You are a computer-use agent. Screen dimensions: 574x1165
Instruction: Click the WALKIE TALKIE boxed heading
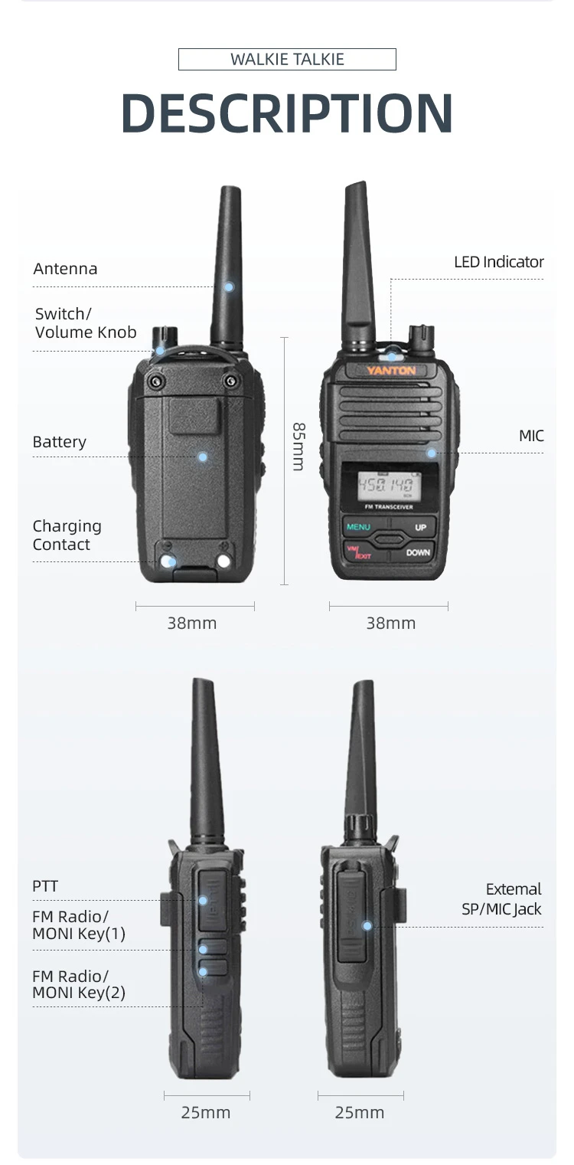[x=287, y=59]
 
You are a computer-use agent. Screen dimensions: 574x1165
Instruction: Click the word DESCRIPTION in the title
[x=287, y=113]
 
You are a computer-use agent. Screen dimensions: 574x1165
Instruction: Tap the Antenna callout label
[x=66, y=269]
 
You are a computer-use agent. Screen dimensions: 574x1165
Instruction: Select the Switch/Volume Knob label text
[x=86, y=323]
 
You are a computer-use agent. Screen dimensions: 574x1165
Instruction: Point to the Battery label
[x=59, y=441]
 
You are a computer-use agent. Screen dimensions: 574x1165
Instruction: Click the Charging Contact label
[x=67, y=535]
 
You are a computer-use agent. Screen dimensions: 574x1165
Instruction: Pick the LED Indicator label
[x=499, y=262]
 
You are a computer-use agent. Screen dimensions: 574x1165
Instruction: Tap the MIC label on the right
[x=531, y=436]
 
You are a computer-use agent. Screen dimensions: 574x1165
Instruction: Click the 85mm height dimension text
[x=298, y=447]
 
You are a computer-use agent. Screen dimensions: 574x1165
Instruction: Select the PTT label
[x=45, y=886]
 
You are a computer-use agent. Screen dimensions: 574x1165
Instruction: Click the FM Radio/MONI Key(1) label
[x=79, y=924]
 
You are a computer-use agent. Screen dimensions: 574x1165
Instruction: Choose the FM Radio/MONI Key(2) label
[x=79, y=984]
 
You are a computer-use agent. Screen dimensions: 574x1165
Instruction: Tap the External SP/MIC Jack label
[x=502, y=898]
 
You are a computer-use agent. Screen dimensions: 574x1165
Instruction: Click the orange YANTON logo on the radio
[x=391, y=370]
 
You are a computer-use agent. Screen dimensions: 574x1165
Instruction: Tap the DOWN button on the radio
[x=417, y=553]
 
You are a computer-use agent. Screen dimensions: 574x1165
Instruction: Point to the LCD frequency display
[x=386, y=486]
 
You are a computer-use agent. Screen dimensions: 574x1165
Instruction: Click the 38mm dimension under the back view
[x=191, y=623]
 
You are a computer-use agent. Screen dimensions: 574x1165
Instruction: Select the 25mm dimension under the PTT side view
[x=206, y=1112]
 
